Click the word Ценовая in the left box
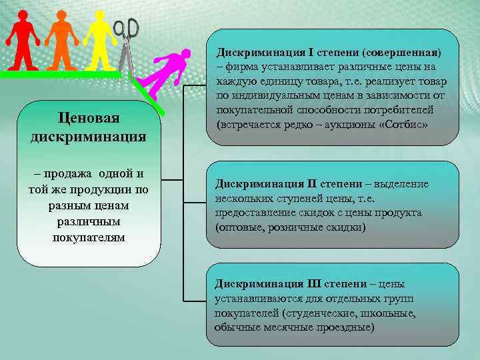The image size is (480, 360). click(88, 118)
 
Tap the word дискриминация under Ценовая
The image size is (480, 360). click(88, 137)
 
